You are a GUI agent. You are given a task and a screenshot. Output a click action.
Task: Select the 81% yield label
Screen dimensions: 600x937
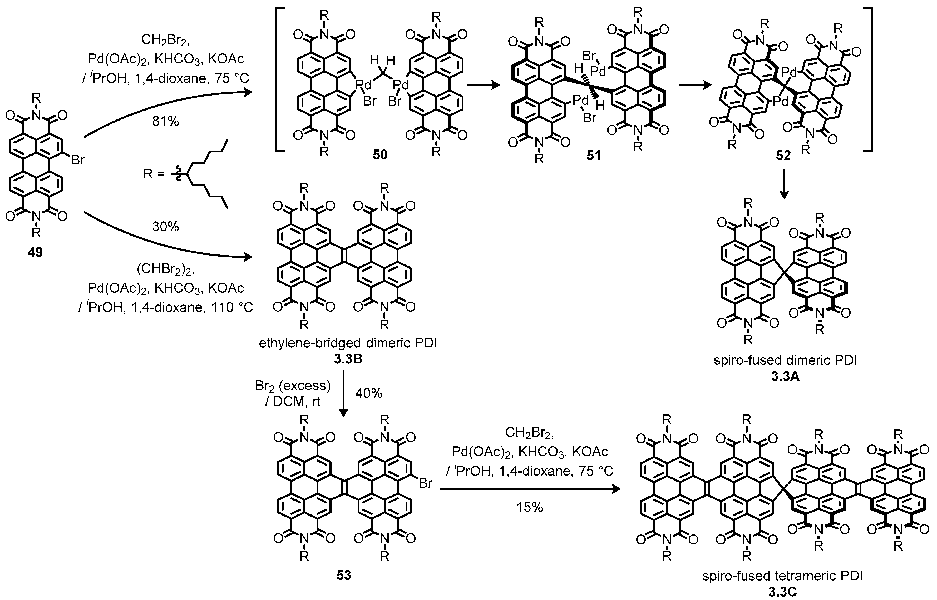pos(165,122)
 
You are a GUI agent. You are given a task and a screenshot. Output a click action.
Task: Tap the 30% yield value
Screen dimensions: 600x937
pos(165,226)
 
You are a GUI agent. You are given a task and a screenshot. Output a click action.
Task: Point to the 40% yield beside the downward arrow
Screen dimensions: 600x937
pos(368,393)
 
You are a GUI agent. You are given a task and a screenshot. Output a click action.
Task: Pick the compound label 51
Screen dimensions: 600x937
pos(594,156)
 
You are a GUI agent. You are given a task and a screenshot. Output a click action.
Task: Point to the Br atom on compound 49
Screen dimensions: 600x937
pos(78,160)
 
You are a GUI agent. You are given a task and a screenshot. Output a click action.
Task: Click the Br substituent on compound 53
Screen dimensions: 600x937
pos(425,483)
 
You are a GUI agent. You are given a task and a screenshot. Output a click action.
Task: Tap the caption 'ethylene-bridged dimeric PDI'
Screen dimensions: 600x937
pos(348,343)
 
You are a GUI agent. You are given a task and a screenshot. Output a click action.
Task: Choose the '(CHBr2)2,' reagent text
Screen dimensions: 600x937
pos(165,269)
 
